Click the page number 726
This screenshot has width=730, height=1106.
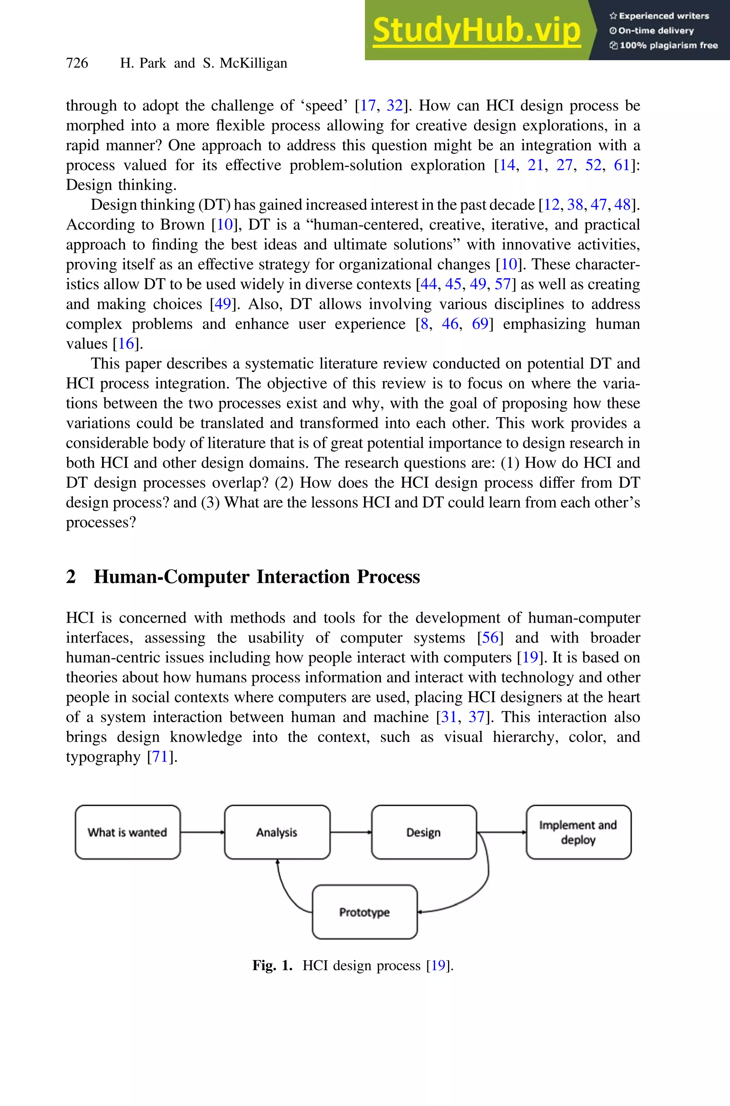77,63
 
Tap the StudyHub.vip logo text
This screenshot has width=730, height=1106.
476,31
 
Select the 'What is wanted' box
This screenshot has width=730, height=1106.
128,832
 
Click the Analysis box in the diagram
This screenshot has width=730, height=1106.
277,832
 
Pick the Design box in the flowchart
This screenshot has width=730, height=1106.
424,832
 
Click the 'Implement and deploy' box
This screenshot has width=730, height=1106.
578,832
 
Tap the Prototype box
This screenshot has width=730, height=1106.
365,912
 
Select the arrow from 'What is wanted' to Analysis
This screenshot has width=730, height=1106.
202,832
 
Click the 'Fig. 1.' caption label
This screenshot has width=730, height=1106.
272,966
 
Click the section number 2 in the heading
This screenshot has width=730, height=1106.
71,577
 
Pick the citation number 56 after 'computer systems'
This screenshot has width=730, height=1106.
490,638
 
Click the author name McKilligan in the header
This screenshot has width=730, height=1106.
253,63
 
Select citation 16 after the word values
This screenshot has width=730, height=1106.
126,344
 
